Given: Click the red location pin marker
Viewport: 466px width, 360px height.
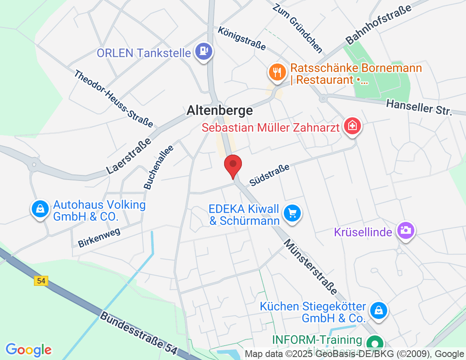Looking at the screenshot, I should pyautogui.click(x=233, y=166).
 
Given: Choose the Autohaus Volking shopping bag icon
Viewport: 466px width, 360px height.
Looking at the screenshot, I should pyautogui.click(x=40, y=209).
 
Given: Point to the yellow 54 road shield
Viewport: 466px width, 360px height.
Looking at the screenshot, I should pyautogui.click(x=41, y=281).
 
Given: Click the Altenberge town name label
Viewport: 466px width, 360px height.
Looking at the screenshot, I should pyautogui.click(x=220, y=111).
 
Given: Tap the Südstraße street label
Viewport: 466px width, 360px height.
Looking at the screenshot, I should pyautogui.click(x=270, y=175).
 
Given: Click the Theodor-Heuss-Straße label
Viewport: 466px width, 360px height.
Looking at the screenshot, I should pyautogui.click(x=113, y=99).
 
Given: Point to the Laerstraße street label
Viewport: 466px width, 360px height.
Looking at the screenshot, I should pyautogui.click(x=129, y=156).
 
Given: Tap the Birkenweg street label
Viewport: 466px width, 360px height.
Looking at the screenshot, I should pyautogui.click(x=100, y=237).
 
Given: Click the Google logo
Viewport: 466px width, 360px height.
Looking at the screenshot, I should pyautogui.click(x=28, y=350).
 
